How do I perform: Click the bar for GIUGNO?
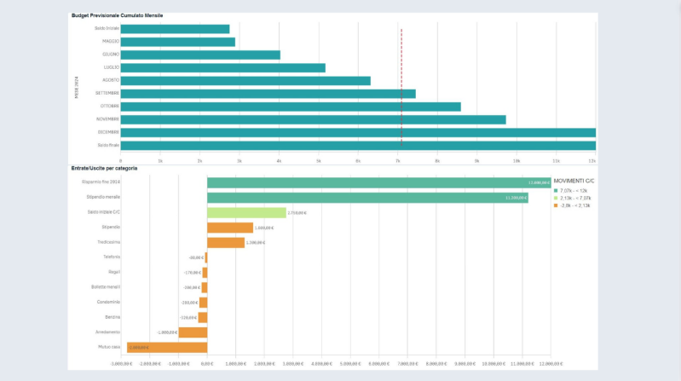point(200,55)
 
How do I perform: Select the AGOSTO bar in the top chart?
point(245,81)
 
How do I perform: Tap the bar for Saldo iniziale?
point(175,29)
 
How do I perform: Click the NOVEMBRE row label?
point(107,119)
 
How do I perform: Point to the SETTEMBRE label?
point(107,93)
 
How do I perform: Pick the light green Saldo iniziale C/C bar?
point(246,212)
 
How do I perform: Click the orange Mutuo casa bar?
point(167,347)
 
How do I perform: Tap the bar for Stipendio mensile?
point(367,198)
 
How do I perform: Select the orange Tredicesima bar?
point(226,242)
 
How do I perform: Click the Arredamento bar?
point(193,332)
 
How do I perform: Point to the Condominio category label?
point(108,302)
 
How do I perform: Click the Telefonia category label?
point(112,257)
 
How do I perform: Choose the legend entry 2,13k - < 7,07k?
point(577,198)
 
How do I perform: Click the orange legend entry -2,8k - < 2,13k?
point(577,205)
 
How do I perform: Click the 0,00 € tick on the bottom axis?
point(207,363)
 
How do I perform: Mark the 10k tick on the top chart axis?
point(516,160)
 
